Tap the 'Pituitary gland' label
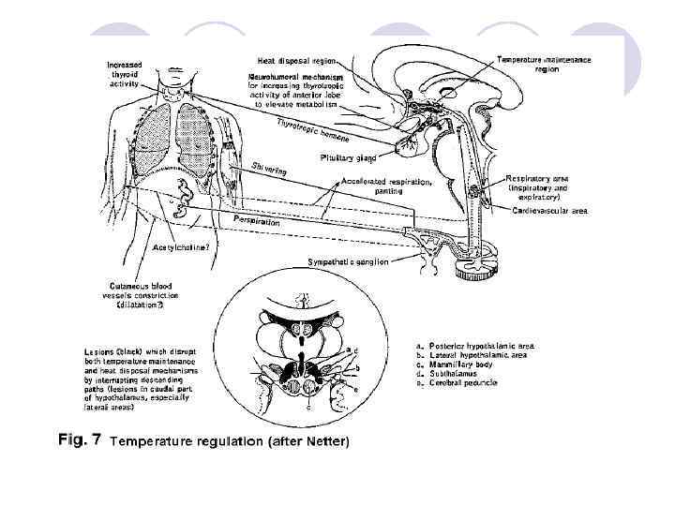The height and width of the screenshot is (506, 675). click(351, 158)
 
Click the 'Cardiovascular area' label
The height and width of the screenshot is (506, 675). click(548, 212)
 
